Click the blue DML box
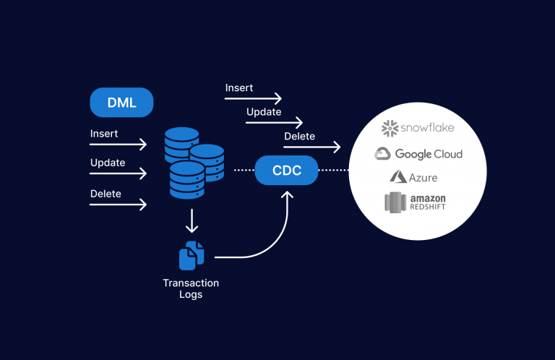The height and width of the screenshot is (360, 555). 122,103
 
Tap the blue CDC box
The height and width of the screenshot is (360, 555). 286,171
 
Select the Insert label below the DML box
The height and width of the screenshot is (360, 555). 104,134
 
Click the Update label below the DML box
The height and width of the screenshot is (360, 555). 108,163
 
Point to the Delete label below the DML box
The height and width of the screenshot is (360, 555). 106,194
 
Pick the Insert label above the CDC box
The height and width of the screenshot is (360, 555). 239,87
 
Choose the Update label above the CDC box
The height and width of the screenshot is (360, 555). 264,112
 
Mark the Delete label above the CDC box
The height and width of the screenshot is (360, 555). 299,136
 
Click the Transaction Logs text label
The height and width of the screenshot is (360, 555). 191,288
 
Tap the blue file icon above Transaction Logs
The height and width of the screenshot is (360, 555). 192,255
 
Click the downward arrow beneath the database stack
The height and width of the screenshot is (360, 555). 191,220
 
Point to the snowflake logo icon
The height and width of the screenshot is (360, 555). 390,128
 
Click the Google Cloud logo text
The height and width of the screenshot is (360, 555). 428,154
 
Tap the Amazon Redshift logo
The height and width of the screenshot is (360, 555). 415,202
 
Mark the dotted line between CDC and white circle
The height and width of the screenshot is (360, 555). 334,171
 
